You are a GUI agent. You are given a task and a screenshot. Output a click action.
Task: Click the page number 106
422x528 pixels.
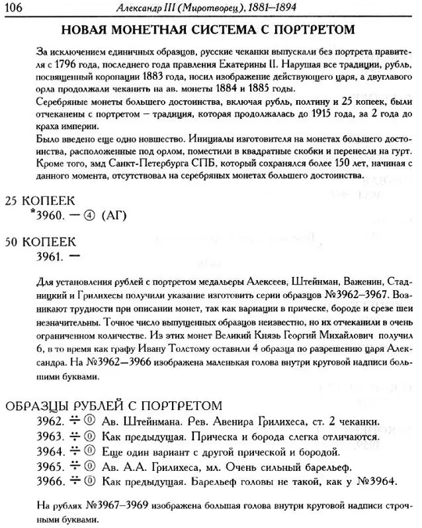[x=17, y=9]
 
